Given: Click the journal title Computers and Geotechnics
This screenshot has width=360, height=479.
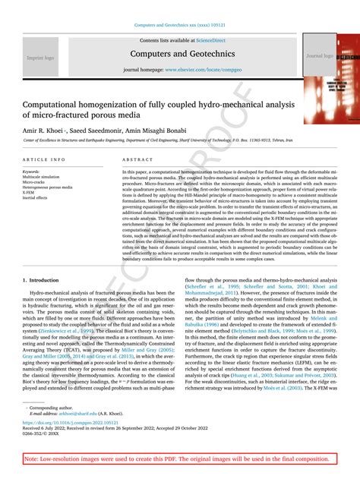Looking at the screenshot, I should (x=180, y=54).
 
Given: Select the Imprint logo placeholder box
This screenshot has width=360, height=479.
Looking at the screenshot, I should (x=39, y=57).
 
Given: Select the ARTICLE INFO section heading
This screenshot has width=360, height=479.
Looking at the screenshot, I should (x=44, y=159).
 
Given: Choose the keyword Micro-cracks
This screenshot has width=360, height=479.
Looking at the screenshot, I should (x=34, y=181).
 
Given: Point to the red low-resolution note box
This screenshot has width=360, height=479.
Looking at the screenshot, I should (x=180, y=459).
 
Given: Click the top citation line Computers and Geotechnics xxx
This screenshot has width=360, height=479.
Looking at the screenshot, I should (x=180, y=25).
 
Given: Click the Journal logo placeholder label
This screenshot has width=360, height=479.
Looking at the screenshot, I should (x=319, y=56).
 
